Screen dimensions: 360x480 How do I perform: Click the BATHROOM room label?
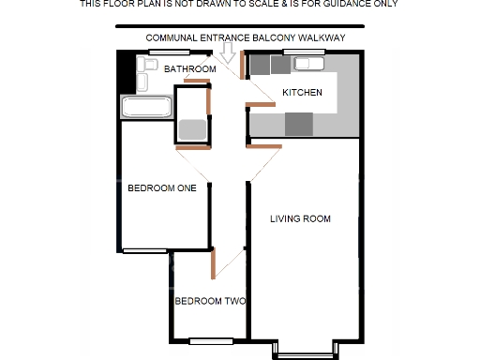click(x=189, y=69)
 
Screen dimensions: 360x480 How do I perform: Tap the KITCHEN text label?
click(x=303, y=93)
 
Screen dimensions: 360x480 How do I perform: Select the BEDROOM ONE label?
click(x=161, y=187)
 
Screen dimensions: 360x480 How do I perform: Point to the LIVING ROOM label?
click(x=300, y=219)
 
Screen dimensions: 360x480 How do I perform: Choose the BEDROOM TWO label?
click(x=210, y=302)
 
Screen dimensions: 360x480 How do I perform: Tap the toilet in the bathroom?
click(x=146, y=67)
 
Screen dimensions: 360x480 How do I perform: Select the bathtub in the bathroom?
click(x=146, y=107)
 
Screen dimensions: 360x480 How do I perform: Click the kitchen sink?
click(x=308, y=64)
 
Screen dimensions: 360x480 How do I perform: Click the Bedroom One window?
click(x=144, y=250)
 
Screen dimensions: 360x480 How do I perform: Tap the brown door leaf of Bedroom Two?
click(x=215, y=264)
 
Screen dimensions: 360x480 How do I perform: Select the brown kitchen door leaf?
click(x=244, y=67)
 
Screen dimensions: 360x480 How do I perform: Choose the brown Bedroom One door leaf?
click(x=192, y=147)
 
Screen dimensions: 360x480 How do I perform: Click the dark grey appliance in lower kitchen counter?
click(x=298, y=123)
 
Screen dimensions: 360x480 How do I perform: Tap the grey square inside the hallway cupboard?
click(x=191, y=129)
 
